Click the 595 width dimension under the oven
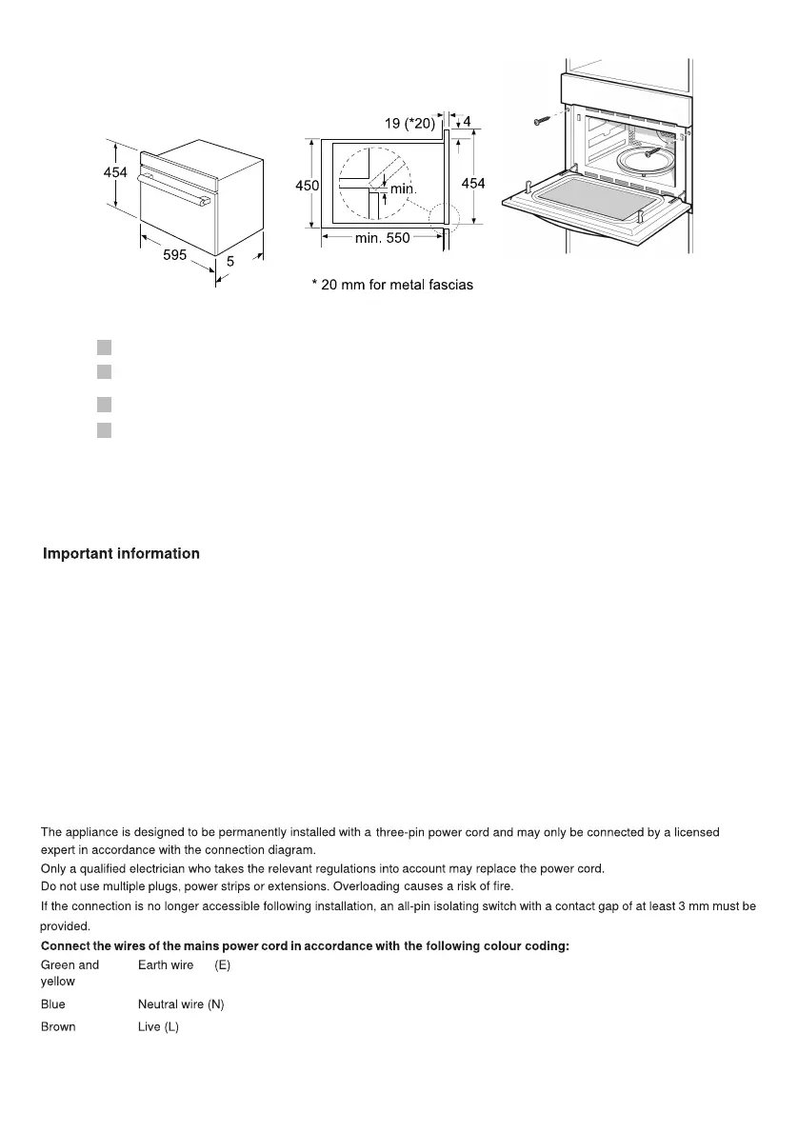click(174, 255)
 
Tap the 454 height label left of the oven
click(115, 172)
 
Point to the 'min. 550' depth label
click(382, 238)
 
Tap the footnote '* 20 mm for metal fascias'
click(392, 285)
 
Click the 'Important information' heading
click(121, 554)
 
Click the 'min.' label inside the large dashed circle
click(404, 189)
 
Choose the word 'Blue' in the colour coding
click(53, 1004)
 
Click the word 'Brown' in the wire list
click(58, 1027)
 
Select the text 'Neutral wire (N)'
click(181, 1004)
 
